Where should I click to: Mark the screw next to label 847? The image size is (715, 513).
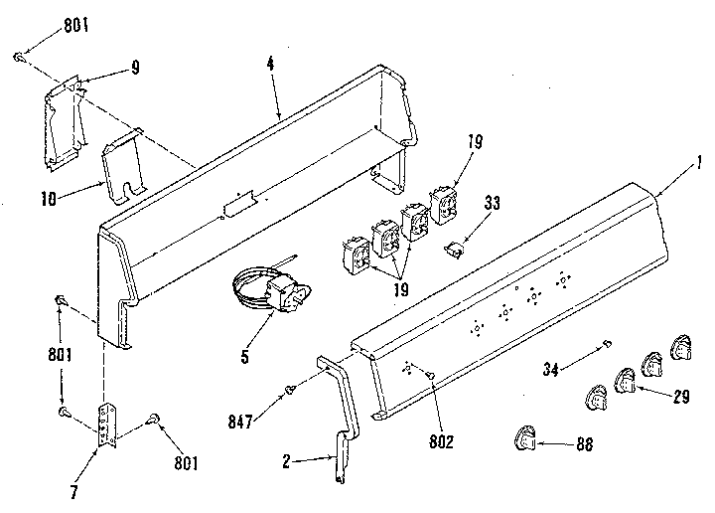(290, 388)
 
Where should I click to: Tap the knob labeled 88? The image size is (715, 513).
(524, 437)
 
